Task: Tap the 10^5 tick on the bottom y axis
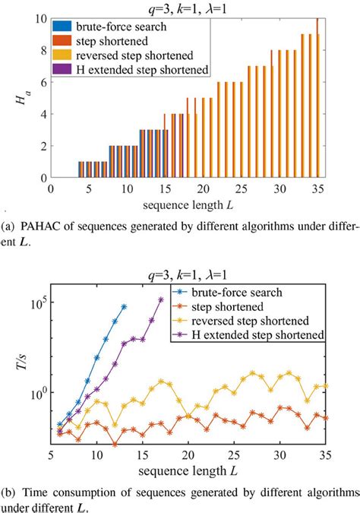tap(38, 302)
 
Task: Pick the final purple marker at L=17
tap(160, 299)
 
